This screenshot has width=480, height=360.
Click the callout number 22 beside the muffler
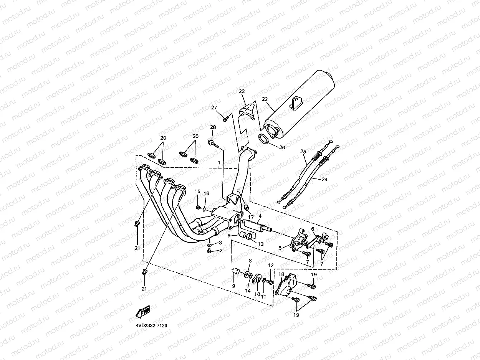[x=265, y=99]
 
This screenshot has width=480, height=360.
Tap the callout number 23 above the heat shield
[x=242, y=91]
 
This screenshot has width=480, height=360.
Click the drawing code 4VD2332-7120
[x=151, y=325]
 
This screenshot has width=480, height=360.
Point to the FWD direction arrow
[x=142, y=311]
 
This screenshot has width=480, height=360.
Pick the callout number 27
[x=214, y=108]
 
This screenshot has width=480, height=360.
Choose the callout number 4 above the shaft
[x=260, y=216]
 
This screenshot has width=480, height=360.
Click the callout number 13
[x=261, y=244]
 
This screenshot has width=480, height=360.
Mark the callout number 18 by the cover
[x=281, y=275]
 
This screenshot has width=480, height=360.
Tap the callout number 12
[x=271, y=265]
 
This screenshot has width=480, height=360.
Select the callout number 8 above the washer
[x=250, y=261]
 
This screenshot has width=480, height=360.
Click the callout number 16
[x=206, y=193]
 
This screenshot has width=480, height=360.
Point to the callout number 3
[x=220, y=243]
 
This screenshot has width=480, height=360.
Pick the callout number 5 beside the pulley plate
[x=280, y=248]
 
